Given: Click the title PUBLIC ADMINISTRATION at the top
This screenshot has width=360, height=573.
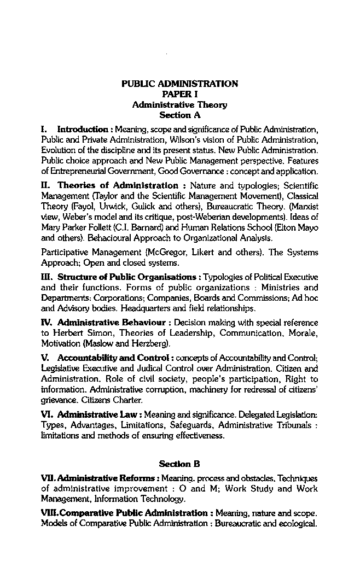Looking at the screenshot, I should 179,84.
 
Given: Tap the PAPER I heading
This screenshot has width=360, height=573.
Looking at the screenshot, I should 179,94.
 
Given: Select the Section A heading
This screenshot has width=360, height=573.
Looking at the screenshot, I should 179,115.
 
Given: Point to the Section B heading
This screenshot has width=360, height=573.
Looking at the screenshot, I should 179,464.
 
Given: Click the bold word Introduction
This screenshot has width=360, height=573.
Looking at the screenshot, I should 83,130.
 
